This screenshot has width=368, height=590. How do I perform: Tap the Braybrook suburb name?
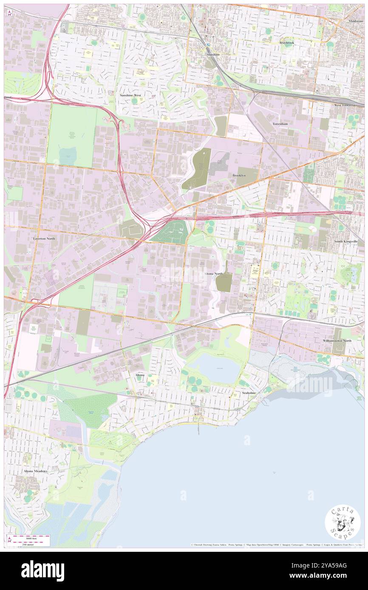tap(286, 43)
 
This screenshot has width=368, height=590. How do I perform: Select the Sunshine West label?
tap(130, 96)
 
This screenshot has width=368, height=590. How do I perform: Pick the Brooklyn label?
tap(239, 175)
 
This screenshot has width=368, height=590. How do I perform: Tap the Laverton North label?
tap(44, 239)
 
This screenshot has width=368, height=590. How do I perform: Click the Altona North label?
tap(213, 274)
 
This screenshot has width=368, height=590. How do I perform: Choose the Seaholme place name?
tap(249, 393)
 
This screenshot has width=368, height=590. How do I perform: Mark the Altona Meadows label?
tap(36, 471)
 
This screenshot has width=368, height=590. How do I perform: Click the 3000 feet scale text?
tap(31, 538)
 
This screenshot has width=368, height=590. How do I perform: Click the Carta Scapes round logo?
tap(343, 523)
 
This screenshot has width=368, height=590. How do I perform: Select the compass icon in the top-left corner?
tap(9, 13)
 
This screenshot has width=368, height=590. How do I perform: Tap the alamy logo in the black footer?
tap(42, 570)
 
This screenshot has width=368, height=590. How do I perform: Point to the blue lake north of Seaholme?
tap(215, 368)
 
